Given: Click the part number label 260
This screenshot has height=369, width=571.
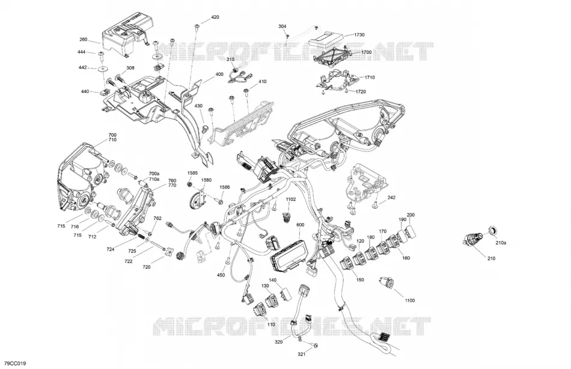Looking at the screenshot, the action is (x=84, y=40).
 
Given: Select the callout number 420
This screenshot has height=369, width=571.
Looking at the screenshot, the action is (x=215, y=17).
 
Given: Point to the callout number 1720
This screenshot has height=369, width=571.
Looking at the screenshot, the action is (x=361, y=91).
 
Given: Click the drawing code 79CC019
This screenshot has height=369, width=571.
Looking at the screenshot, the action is (x=15, y=364).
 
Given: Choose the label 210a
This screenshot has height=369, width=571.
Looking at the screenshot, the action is (x=501, y=243).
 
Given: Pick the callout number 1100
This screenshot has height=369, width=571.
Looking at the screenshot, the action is (x=410, y=300).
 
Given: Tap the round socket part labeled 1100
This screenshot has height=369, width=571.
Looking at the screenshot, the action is (x=385, y=282).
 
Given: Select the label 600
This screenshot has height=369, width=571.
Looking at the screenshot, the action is (x=301, y=225).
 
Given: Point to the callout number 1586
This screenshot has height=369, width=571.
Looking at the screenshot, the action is (x=224, y=187).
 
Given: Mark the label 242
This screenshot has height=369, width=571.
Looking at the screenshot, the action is (x=391, y=198).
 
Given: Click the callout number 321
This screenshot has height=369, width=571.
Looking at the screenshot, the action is (x=302, y=354).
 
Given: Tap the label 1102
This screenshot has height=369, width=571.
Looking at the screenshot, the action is (x=290, y=200).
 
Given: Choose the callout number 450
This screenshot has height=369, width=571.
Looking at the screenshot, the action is (x=221, y=275).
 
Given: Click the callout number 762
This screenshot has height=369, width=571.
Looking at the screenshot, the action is (x=157, y=218).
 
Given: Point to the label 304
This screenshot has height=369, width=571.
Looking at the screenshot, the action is (x=282, y=26).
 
